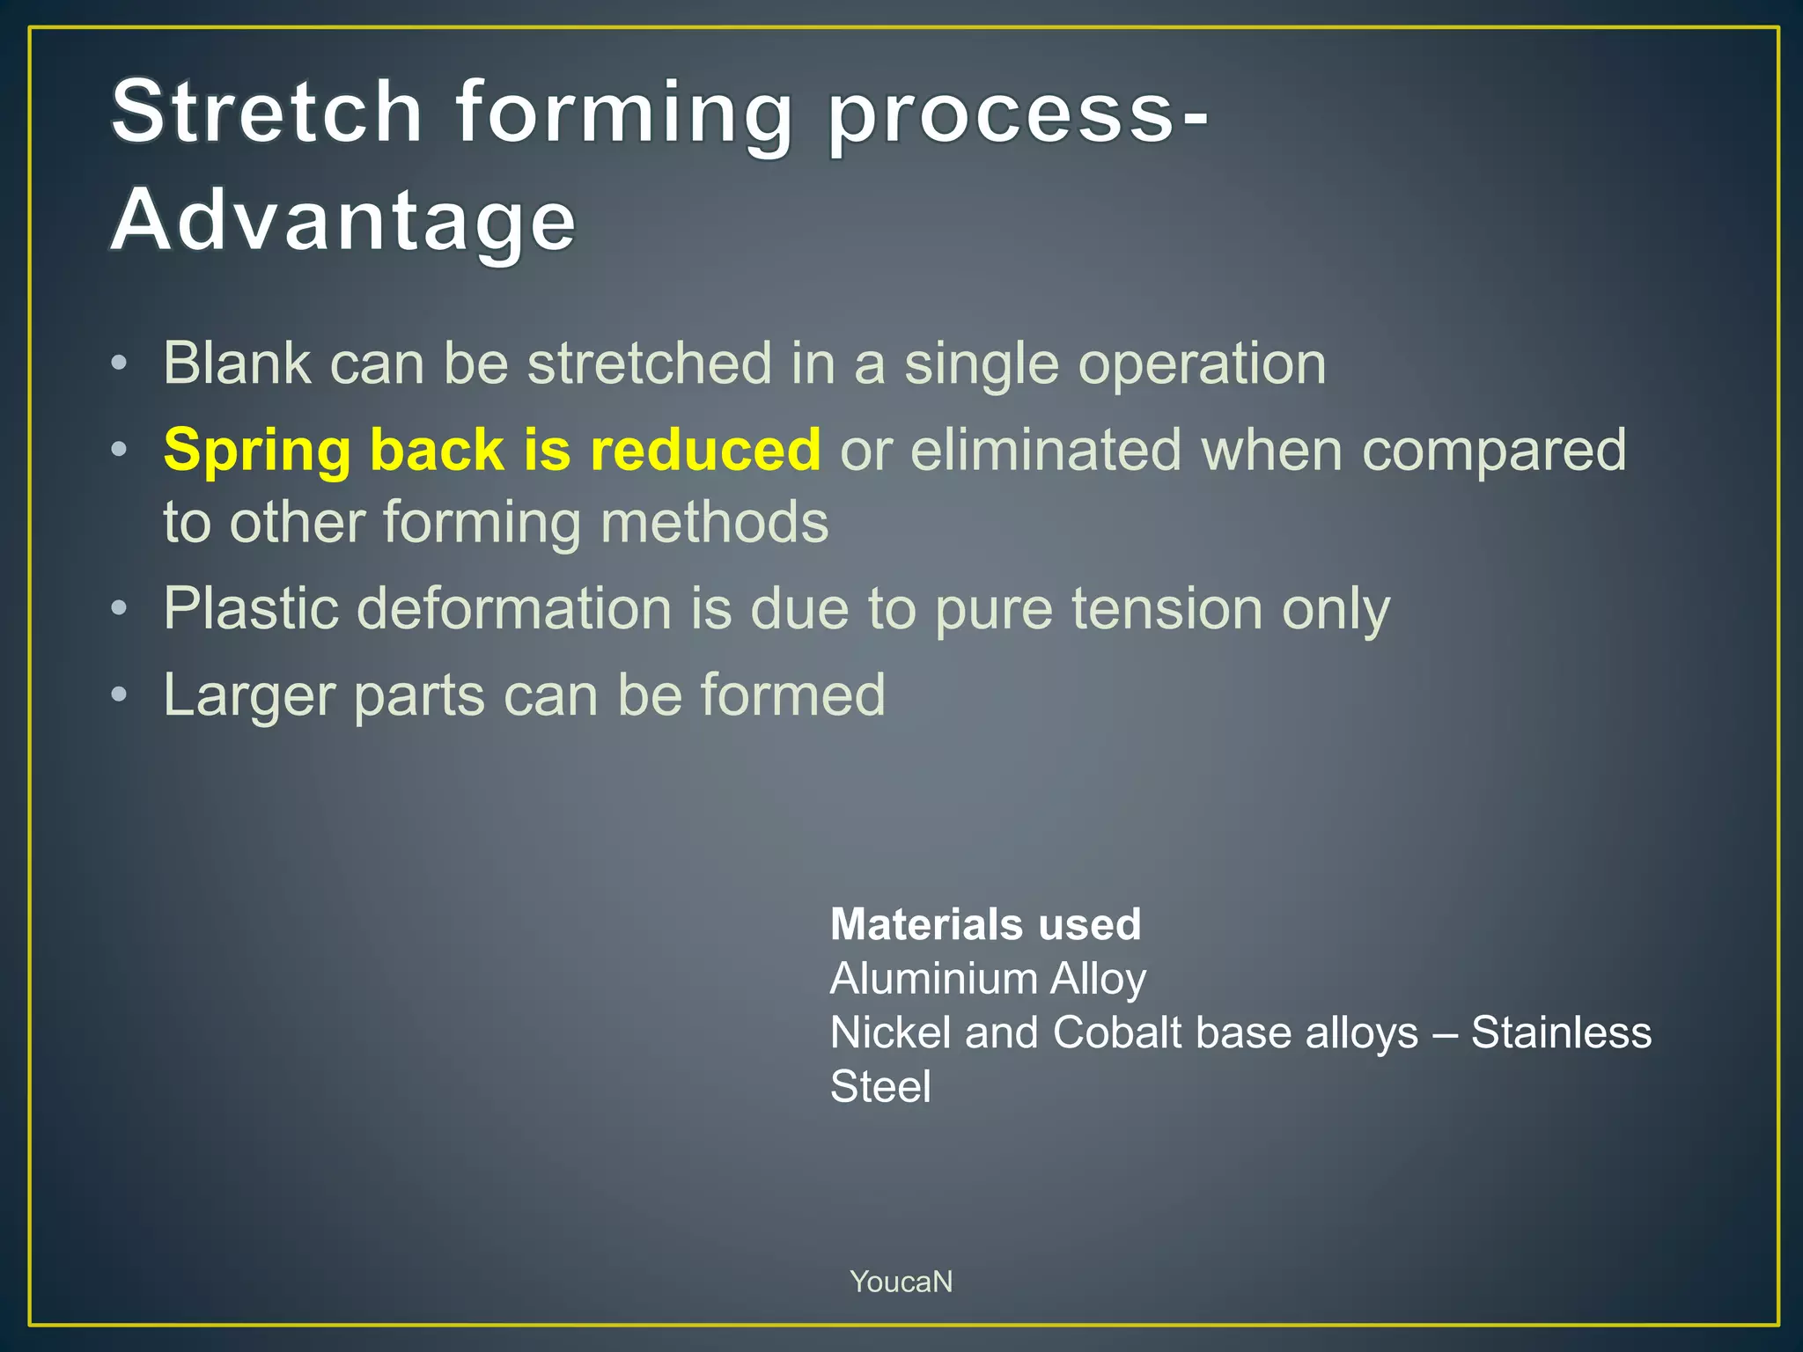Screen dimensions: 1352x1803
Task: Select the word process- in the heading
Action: [1017, 114]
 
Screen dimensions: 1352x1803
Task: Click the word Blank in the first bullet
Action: [237, 364]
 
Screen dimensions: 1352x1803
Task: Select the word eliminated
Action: [1044, 450]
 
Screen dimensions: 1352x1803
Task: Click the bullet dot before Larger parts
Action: [120, 695]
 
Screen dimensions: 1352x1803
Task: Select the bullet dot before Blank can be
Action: [120, 363]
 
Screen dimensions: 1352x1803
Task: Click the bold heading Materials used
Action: [985, 924]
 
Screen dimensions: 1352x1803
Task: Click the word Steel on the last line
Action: [880, 1086]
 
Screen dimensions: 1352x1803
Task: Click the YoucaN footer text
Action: [901, 1282]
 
